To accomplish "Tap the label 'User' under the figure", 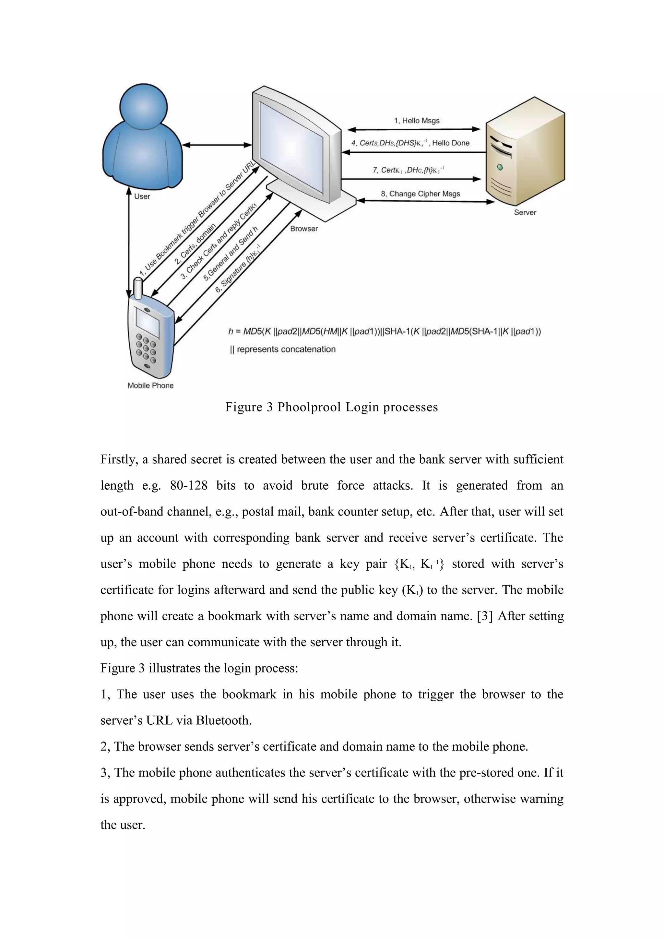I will [x=142, y=196].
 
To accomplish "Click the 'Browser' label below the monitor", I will [x=304, y=229].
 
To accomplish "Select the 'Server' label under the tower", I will [x=525, y=212].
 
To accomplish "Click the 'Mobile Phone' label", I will [x=150, y=385].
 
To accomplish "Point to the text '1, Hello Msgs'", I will [x=417, y=121].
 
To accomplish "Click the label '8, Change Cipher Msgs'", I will [x=420, y=194].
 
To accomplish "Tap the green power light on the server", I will [x=500, y=167].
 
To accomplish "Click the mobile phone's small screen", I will [x=147, y=322].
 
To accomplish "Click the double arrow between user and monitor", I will [x=217, y=145].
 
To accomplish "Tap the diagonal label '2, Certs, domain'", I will [x=195, y=244].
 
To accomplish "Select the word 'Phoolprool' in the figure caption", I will [x=309, y=407].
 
